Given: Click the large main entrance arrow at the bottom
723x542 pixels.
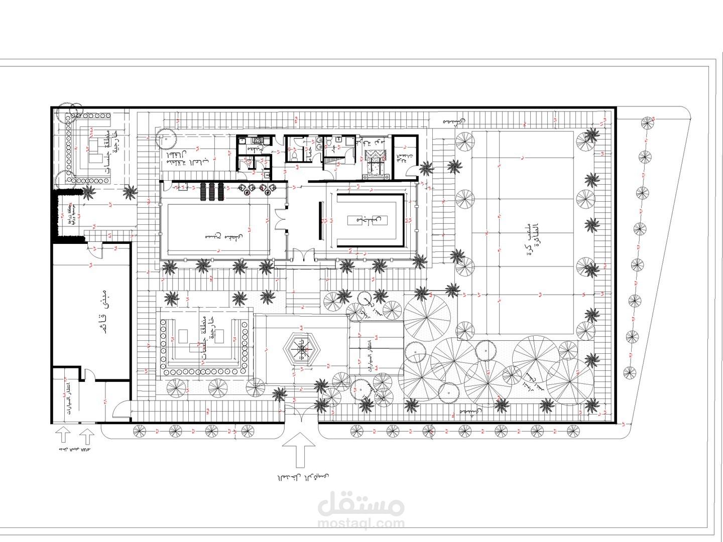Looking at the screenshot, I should point(300,448).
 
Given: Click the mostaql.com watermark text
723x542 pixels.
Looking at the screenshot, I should point(360,523).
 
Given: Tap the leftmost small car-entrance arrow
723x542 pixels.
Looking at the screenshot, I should point(63,435).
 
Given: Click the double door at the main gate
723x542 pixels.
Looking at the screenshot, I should point(301,415).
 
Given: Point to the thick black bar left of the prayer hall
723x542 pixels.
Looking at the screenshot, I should point(319,221).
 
